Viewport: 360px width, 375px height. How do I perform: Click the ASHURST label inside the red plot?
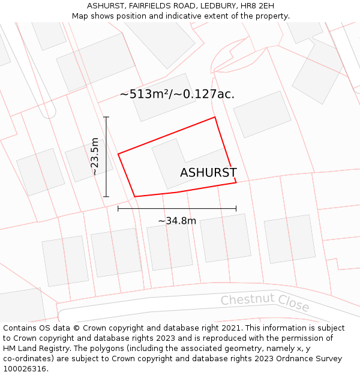coord(208,173)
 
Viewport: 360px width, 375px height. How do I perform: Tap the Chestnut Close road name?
coord(265,303)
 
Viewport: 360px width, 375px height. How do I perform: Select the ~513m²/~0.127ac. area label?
coord(177,94)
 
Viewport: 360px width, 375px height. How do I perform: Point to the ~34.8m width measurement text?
coord(177,221)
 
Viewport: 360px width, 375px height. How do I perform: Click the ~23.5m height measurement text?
coord(94,157)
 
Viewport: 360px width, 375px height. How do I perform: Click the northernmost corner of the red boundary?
coord(215,117)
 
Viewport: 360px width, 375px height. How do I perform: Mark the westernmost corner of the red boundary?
coord(118,154)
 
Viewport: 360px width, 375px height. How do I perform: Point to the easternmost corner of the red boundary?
coord(236,182)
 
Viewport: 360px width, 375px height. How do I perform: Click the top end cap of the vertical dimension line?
coord(106,117)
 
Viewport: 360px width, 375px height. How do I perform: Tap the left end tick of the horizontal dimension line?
coord(118,208)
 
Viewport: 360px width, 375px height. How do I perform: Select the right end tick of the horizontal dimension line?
coord(236,208)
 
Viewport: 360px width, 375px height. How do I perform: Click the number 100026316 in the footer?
coord(25,368)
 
